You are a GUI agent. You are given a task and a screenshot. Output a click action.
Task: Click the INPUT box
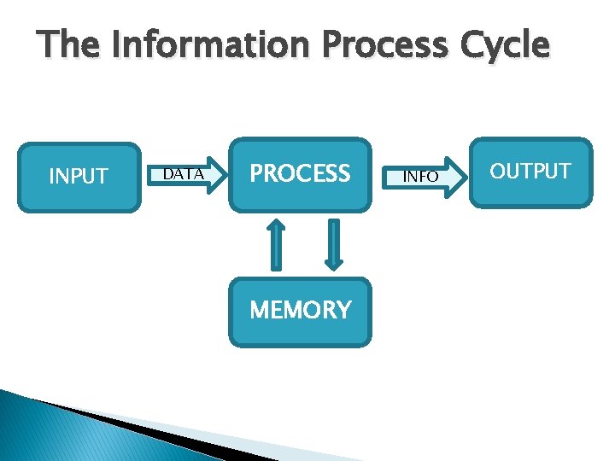(79, 177)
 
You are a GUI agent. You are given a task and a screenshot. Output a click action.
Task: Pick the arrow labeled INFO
(427, 177)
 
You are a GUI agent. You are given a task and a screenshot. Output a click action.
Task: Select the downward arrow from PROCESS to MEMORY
(333, 243)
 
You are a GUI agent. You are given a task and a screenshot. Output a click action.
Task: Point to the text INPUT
(79, 177)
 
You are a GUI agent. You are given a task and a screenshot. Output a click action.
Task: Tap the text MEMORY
(300, 310)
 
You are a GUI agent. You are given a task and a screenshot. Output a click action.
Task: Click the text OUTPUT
(530, 172)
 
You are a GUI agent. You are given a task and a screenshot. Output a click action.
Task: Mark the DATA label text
(183, 175)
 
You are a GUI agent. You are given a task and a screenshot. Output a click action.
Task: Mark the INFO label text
(420, 177)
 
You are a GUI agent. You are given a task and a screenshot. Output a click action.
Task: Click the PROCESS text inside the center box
(300, 174)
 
